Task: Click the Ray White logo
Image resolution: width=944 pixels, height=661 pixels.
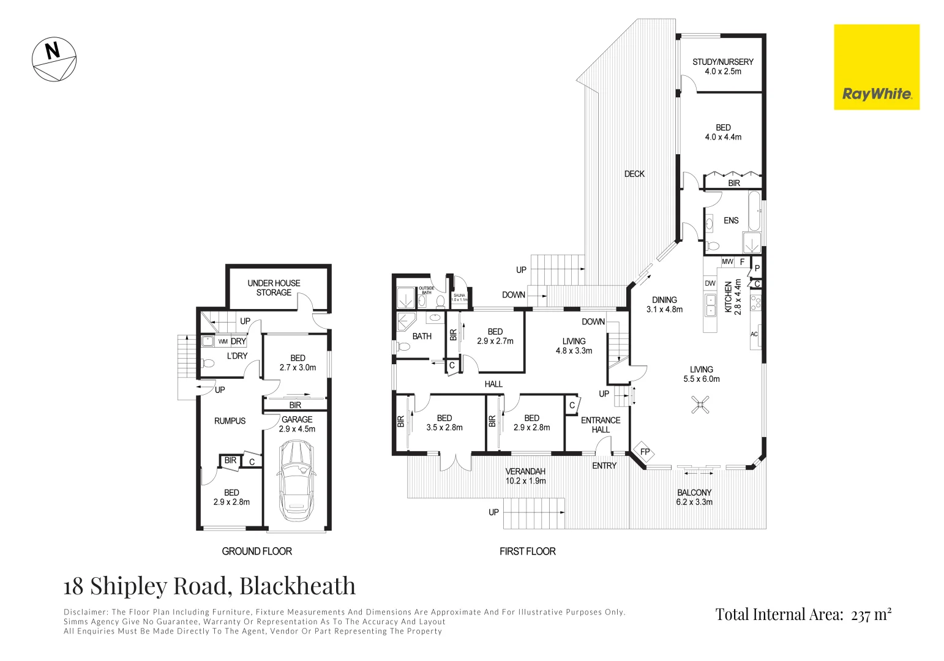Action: tap(876, 67)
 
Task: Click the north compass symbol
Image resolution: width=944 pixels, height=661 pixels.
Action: tap(54, 59)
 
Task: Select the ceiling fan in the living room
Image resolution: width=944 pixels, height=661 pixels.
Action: tap(700, 404)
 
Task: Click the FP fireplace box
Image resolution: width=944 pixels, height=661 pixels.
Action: tap(644, 452)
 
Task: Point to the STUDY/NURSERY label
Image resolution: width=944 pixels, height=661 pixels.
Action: tap(722, 66)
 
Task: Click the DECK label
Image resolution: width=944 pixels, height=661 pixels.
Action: tap(634, 174)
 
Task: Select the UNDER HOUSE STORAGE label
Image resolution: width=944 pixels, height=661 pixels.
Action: tap(274, 288)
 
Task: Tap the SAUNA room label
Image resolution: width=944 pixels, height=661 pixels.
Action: tap(459, 297)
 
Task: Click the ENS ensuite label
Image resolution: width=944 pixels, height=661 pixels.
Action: tap(731, 220)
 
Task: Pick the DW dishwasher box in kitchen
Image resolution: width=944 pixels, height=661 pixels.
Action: tap(710, 283)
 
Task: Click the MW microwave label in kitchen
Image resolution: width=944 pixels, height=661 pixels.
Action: tap(727, 262)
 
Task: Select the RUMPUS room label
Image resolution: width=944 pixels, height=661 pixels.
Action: tap(230, 421)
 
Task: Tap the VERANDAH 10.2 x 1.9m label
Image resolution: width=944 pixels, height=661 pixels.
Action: tap(525, 476)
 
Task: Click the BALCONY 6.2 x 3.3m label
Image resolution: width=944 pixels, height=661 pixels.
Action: tap(694, 497)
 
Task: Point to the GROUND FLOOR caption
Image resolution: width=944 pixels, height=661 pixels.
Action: tap(257, 551)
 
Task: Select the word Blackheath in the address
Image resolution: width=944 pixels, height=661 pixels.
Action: tap(297, 586)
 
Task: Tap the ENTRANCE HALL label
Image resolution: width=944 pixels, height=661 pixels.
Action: tap(601, 425)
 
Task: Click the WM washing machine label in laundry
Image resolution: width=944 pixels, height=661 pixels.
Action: tap(223, 342)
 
